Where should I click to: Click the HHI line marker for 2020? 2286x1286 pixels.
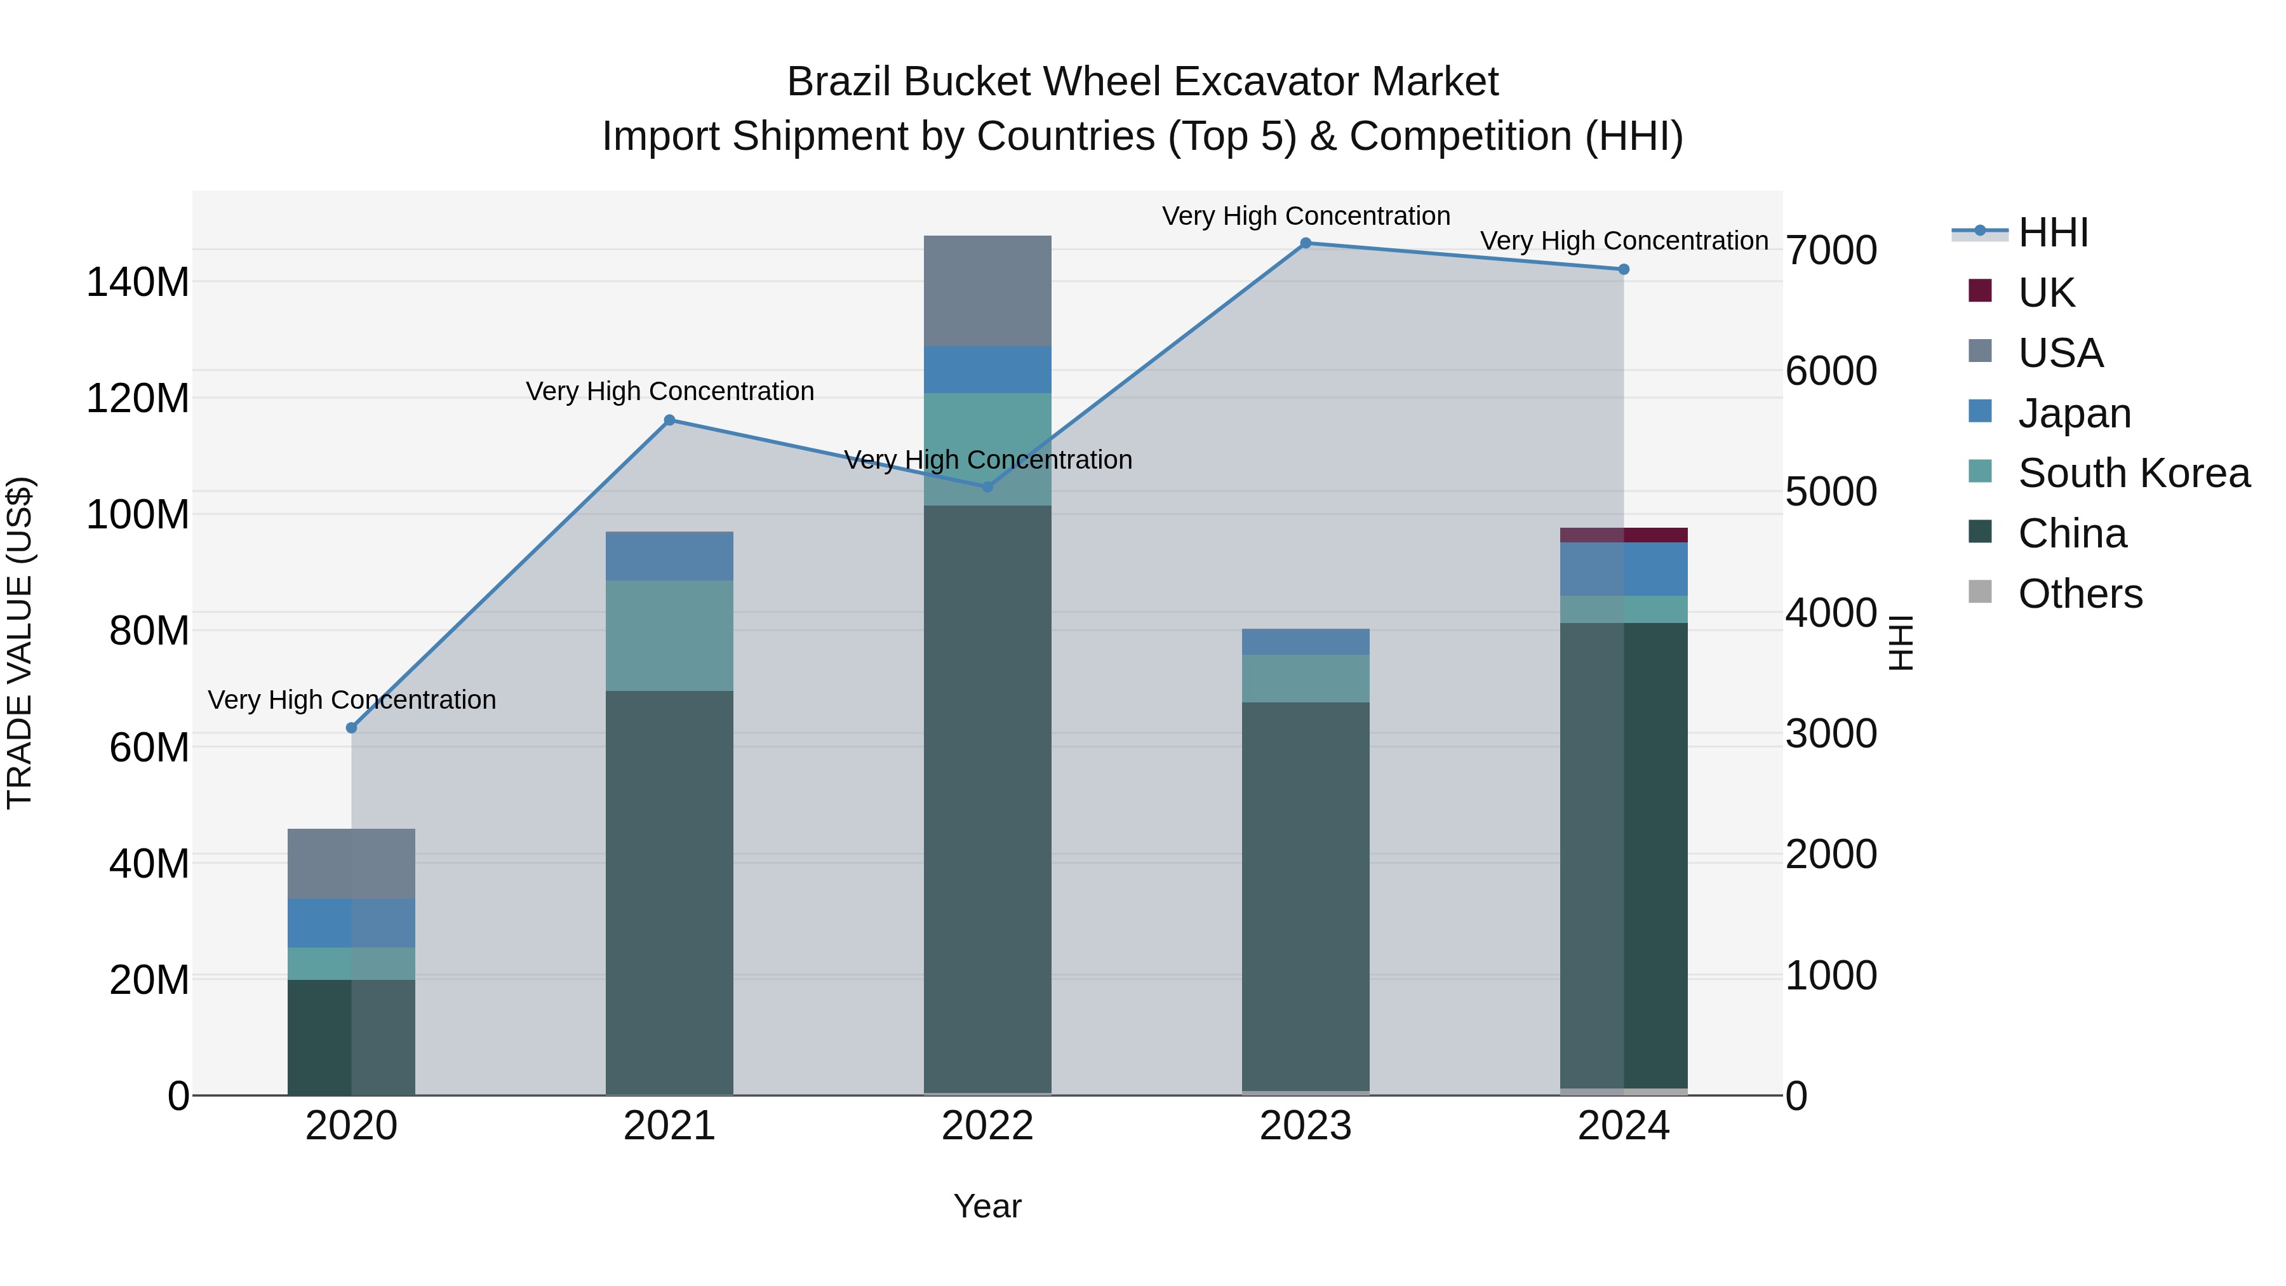pos(351,728)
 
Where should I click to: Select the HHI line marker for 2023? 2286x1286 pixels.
pos(1306,243)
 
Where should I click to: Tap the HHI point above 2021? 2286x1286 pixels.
pos(670,420)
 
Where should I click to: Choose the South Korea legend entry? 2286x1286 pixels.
pos(2134,473)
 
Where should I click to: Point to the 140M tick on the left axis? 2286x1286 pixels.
pos(138,282)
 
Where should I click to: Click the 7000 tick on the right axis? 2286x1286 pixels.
pos(1831,250)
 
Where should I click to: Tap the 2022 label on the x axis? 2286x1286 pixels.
pos(987,1126)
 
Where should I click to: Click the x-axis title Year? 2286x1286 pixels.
pos(987,1206)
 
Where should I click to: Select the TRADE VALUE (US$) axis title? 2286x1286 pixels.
pos(20,643)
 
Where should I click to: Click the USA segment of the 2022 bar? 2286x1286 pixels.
pos(987,291)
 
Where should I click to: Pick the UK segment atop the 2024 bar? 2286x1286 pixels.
pos(1624,535)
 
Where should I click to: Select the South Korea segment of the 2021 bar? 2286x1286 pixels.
pos(670,636)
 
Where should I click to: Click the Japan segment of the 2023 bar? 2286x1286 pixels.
pos(1306,641)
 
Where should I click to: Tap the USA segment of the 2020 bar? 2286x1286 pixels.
pos(351,864)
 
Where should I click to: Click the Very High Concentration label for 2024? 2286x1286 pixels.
pos(1624,241)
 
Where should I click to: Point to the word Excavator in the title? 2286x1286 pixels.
pos(1269,82)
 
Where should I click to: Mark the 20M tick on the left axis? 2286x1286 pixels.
pos(149,980)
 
